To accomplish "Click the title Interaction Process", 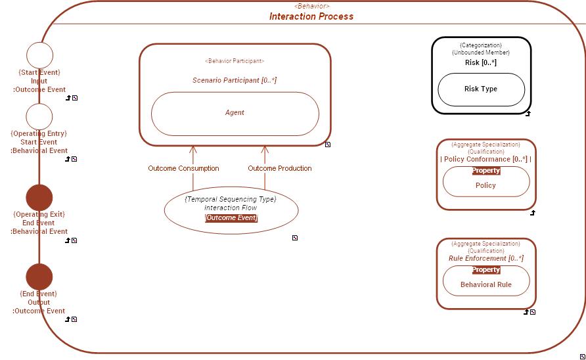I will coord(311,16).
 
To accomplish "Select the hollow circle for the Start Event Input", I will coord(39,55).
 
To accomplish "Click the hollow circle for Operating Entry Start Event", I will coord(39,116).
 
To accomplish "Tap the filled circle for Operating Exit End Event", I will coord(39,197).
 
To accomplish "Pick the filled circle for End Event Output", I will coord(39,277).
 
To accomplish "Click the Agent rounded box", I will coord(235,113).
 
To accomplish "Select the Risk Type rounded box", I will coord(481,89).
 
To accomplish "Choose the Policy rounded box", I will coord(485,186).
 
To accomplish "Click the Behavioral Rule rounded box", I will coord(485,285).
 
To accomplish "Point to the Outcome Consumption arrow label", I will coord(183,169).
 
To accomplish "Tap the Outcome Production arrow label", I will coord(280,169).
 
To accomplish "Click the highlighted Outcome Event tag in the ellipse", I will coord(231,218).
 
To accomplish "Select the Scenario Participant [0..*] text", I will coord(235,80).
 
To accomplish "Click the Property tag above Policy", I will coord(486,171).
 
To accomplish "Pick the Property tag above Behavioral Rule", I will coord(486,270).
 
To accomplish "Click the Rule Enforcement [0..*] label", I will coord(486,259).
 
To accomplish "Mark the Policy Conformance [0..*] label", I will coord(486,159).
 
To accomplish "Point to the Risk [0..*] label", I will coord(481,63).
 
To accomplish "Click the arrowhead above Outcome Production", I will coord(265,150).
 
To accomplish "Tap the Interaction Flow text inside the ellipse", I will coord(231,208).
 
